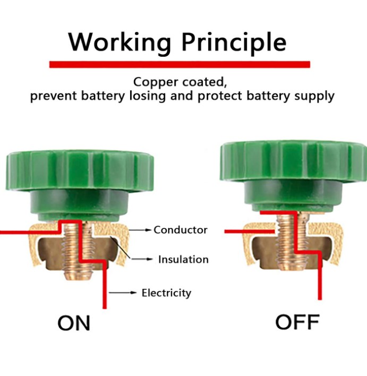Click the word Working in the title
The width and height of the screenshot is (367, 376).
(x=120, y=42)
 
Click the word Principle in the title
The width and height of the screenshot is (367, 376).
(x=234, y=42)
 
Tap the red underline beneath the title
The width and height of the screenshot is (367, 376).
(x=180, y=64)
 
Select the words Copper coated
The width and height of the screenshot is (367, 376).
(x=180, y=82)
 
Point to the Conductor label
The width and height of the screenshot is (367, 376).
(x=181, y=230)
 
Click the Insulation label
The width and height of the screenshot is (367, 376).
(x=183, y=260)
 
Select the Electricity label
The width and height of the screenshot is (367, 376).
(x=166, y=293)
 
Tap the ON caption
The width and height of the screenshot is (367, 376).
(x=74, y=323)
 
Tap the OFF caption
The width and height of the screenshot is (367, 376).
(x=297, y=322)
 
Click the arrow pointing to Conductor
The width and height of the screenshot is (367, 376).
(x=140, y=230)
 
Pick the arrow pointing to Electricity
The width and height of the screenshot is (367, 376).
(x=123, y=293)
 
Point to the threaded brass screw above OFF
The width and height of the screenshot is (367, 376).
(x=293, y=242)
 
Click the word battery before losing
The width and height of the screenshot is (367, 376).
(x=103, y=97)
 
